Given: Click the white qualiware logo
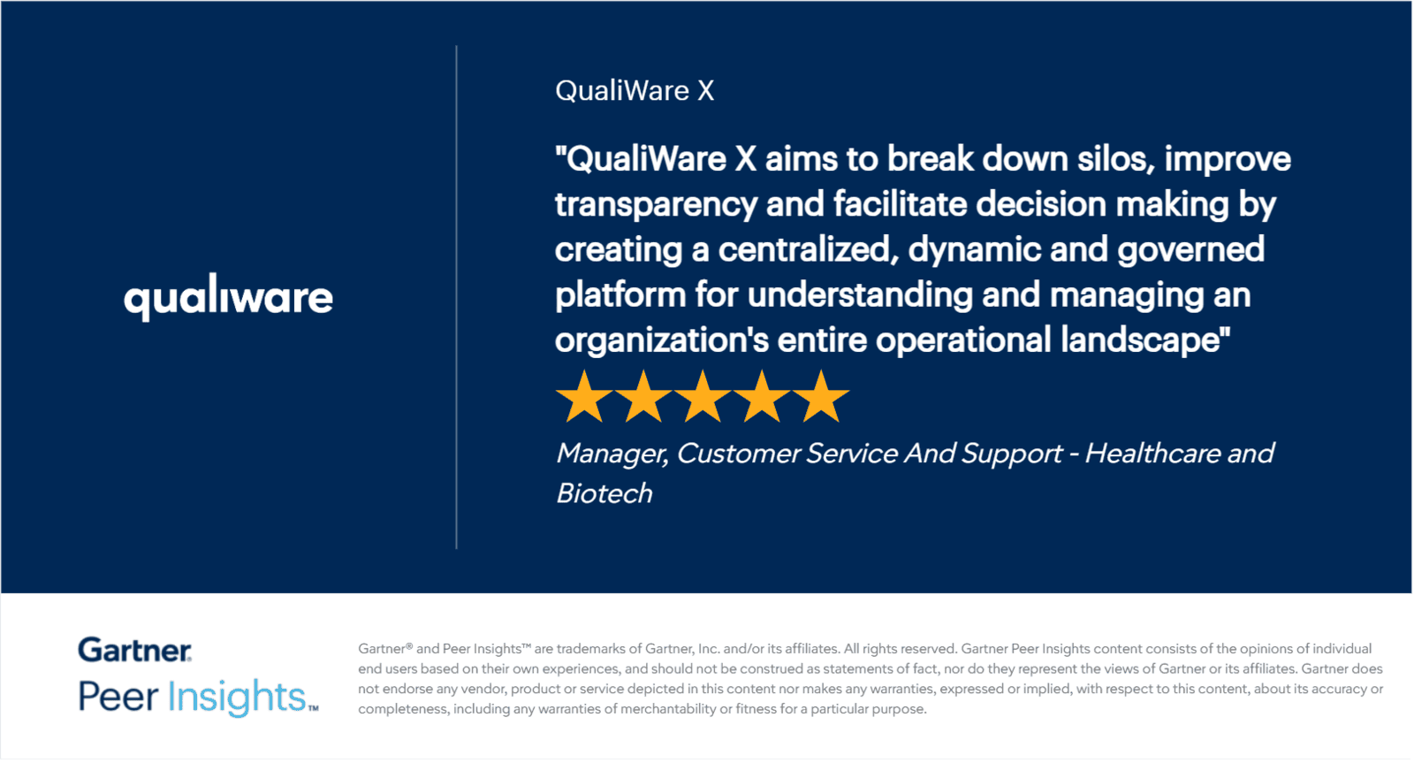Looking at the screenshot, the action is [x=229, y=297].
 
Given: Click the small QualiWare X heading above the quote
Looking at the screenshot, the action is [x=635, y=91].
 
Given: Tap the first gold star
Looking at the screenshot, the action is [x=584, y=397].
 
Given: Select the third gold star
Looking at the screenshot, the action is [x=703, y=397].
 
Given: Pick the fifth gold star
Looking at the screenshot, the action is [x=821, y=397].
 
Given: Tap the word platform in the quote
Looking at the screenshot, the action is [x=620, y=295].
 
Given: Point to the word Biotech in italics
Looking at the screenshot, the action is [x=604, y=493].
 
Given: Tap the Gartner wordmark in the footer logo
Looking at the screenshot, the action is [x=134, y=650].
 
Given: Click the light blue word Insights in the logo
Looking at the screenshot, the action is [x=237, y=697].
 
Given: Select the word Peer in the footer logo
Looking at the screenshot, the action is [x=118, y=696].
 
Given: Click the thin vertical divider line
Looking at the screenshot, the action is [x=456, y=297].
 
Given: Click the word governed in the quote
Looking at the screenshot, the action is [x=1191, y=250].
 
